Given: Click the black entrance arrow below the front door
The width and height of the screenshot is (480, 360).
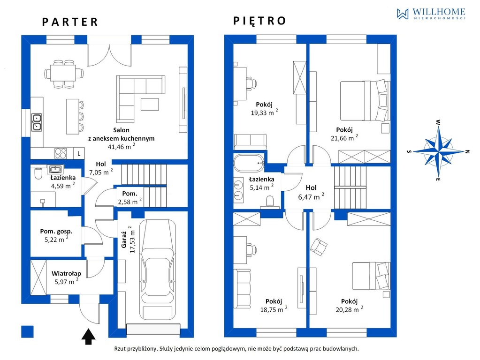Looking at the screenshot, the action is [89, 336].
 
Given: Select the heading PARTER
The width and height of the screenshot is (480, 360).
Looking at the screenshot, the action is [70, 22].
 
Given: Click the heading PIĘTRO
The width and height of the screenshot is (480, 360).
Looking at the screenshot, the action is [259, 21].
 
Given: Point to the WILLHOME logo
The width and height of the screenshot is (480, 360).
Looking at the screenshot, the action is [431, 14].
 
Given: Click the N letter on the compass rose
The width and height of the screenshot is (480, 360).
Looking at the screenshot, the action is [467, 151].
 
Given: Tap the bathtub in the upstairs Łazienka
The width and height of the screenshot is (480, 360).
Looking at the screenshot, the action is [249, 163].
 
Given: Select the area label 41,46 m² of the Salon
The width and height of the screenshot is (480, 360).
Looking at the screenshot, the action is [121, 147].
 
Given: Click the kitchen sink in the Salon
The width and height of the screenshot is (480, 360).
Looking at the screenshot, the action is [37, 122].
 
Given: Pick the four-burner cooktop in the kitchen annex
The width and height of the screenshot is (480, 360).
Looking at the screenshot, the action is [61, 153].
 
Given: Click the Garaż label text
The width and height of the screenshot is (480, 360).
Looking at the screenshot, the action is [124, 240].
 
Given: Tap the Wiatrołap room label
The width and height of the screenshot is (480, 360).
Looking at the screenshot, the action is [66, 273].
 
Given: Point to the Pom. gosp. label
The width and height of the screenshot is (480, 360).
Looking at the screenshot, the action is [56, 231].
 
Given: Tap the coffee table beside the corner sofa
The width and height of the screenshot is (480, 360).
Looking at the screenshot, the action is [150, 105].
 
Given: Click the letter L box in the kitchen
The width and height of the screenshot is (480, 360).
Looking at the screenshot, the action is [79, 154].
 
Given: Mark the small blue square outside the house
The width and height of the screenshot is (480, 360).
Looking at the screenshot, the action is [27, 331].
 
